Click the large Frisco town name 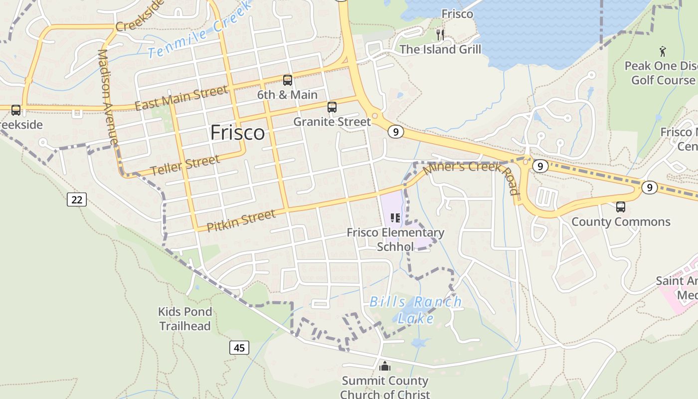tap(237, 133)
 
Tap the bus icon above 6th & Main tap(288, 80)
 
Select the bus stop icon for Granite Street tap(332, 107)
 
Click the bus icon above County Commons tap(621, 206)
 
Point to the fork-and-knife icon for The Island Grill tap(440, 34)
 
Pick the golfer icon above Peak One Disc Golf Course tap(663, 51)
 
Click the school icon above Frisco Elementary tap(395, 218)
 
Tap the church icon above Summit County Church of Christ tap(385, 367)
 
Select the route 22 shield tap(77, 199)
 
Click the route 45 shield tap(239, 348)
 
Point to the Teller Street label tap(185, 165)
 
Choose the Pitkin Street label tap(241, 220)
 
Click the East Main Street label tap(181, 98)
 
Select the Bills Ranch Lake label tap(416, 310)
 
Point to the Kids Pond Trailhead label tap(185, 319)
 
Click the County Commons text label tap(621, 222)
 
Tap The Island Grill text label tap(441, 49)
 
